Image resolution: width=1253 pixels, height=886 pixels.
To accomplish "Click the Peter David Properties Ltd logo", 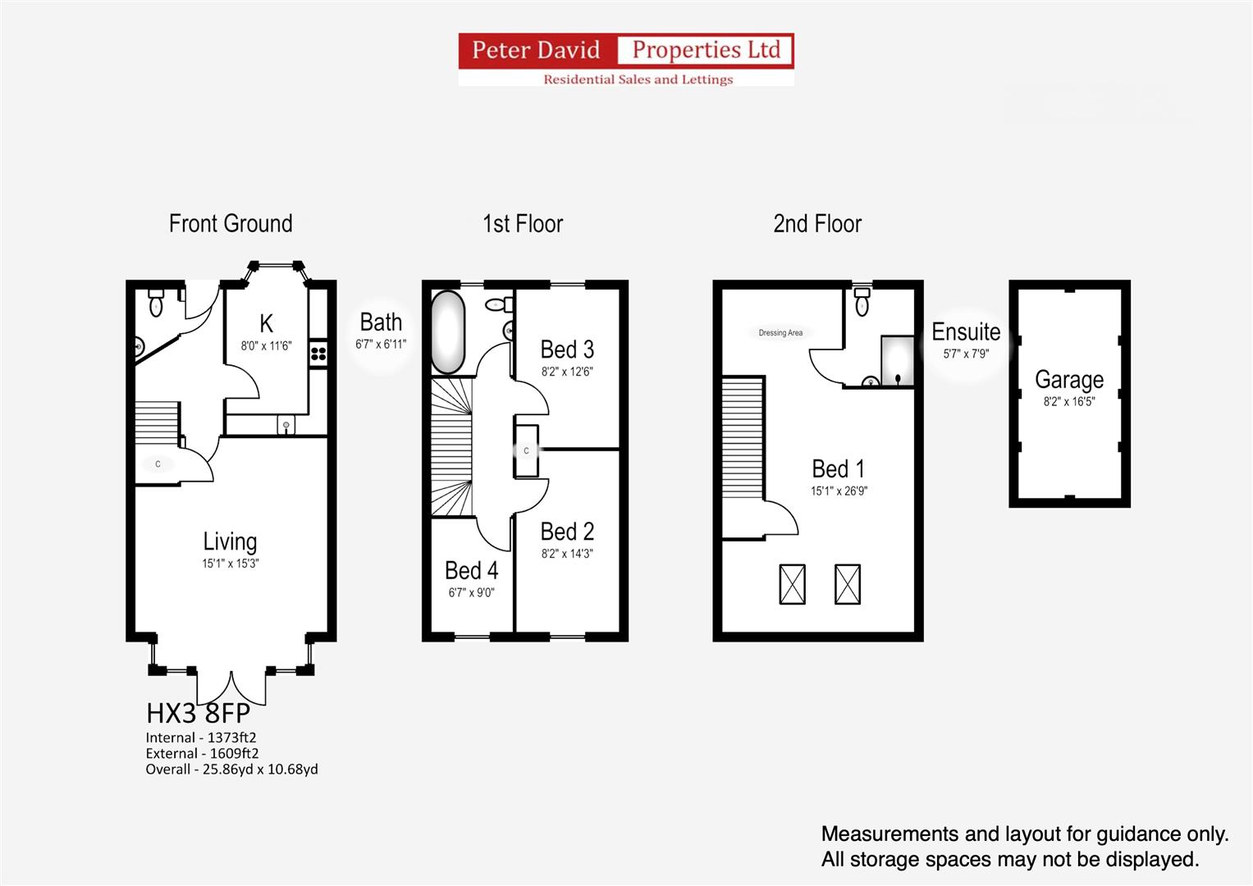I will click(x=626, y=59).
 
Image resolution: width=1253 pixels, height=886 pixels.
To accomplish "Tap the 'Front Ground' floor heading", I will click(x=231, y=223).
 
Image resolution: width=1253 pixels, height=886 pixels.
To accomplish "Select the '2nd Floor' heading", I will click(x=817, y=223).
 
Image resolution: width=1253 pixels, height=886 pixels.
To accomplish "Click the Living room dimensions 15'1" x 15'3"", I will click(x=231, y=564).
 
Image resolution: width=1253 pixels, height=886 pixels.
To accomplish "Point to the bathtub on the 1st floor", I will click(x=448, y=332).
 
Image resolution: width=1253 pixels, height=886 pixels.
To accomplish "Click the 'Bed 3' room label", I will click(x=567, y=349).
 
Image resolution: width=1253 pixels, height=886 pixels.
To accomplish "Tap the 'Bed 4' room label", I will click(x=471, y=570).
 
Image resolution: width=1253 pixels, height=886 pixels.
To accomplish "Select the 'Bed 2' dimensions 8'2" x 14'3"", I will click(x=567, y=554).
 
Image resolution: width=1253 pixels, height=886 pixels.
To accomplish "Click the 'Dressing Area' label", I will click(x=780, y=333).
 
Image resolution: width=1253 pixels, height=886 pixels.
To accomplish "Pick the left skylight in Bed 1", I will click(x=792, y=584).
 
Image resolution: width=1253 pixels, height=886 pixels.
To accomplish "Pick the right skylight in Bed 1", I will click(x=848, y=584).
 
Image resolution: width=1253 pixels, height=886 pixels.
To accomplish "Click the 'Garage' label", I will click(x=1068, y=380).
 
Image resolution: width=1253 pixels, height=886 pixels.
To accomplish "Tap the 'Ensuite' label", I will click(x=966, y=332).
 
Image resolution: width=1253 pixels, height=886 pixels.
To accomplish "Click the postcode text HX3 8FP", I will click(x=198, y=712).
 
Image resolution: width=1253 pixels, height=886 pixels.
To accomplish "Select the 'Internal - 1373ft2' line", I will click(x=201, y=738).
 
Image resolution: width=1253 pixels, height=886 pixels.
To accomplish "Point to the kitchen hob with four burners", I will click(x=318, y=354).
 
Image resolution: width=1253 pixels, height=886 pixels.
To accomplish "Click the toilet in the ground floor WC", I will click(x=156, y=304).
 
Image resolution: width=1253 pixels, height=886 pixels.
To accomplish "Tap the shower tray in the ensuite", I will click(x=897, y=360).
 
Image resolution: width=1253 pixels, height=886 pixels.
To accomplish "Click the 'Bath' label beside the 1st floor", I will click(x=381, y=322).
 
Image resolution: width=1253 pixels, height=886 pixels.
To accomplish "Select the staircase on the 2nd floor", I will click(x=743, y=438).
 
